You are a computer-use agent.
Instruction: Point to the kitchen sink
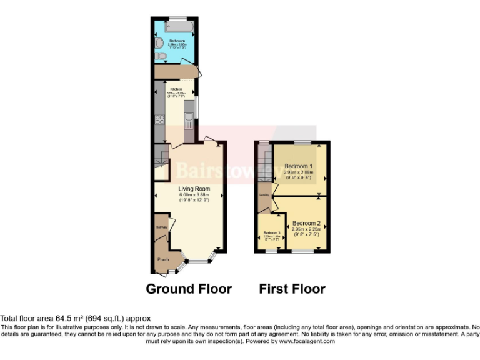point(188,117)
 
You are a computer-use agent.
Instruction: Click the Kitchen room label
point(176,89)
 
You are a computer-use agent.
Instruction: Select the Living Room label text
point(194,188)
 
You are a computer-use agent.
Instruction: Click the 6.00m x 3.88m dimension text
point(194,194)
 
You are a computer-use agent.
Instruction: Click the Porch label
point(163,259)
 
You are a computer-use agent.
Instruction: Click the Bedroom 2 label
point(306,223)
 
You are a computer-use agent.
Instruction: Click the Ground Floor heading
point(189,289)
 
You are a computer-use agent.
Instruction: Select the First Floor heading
point(292,289)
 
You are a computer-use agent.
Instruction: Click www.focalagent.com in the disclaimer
point(307,341)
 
